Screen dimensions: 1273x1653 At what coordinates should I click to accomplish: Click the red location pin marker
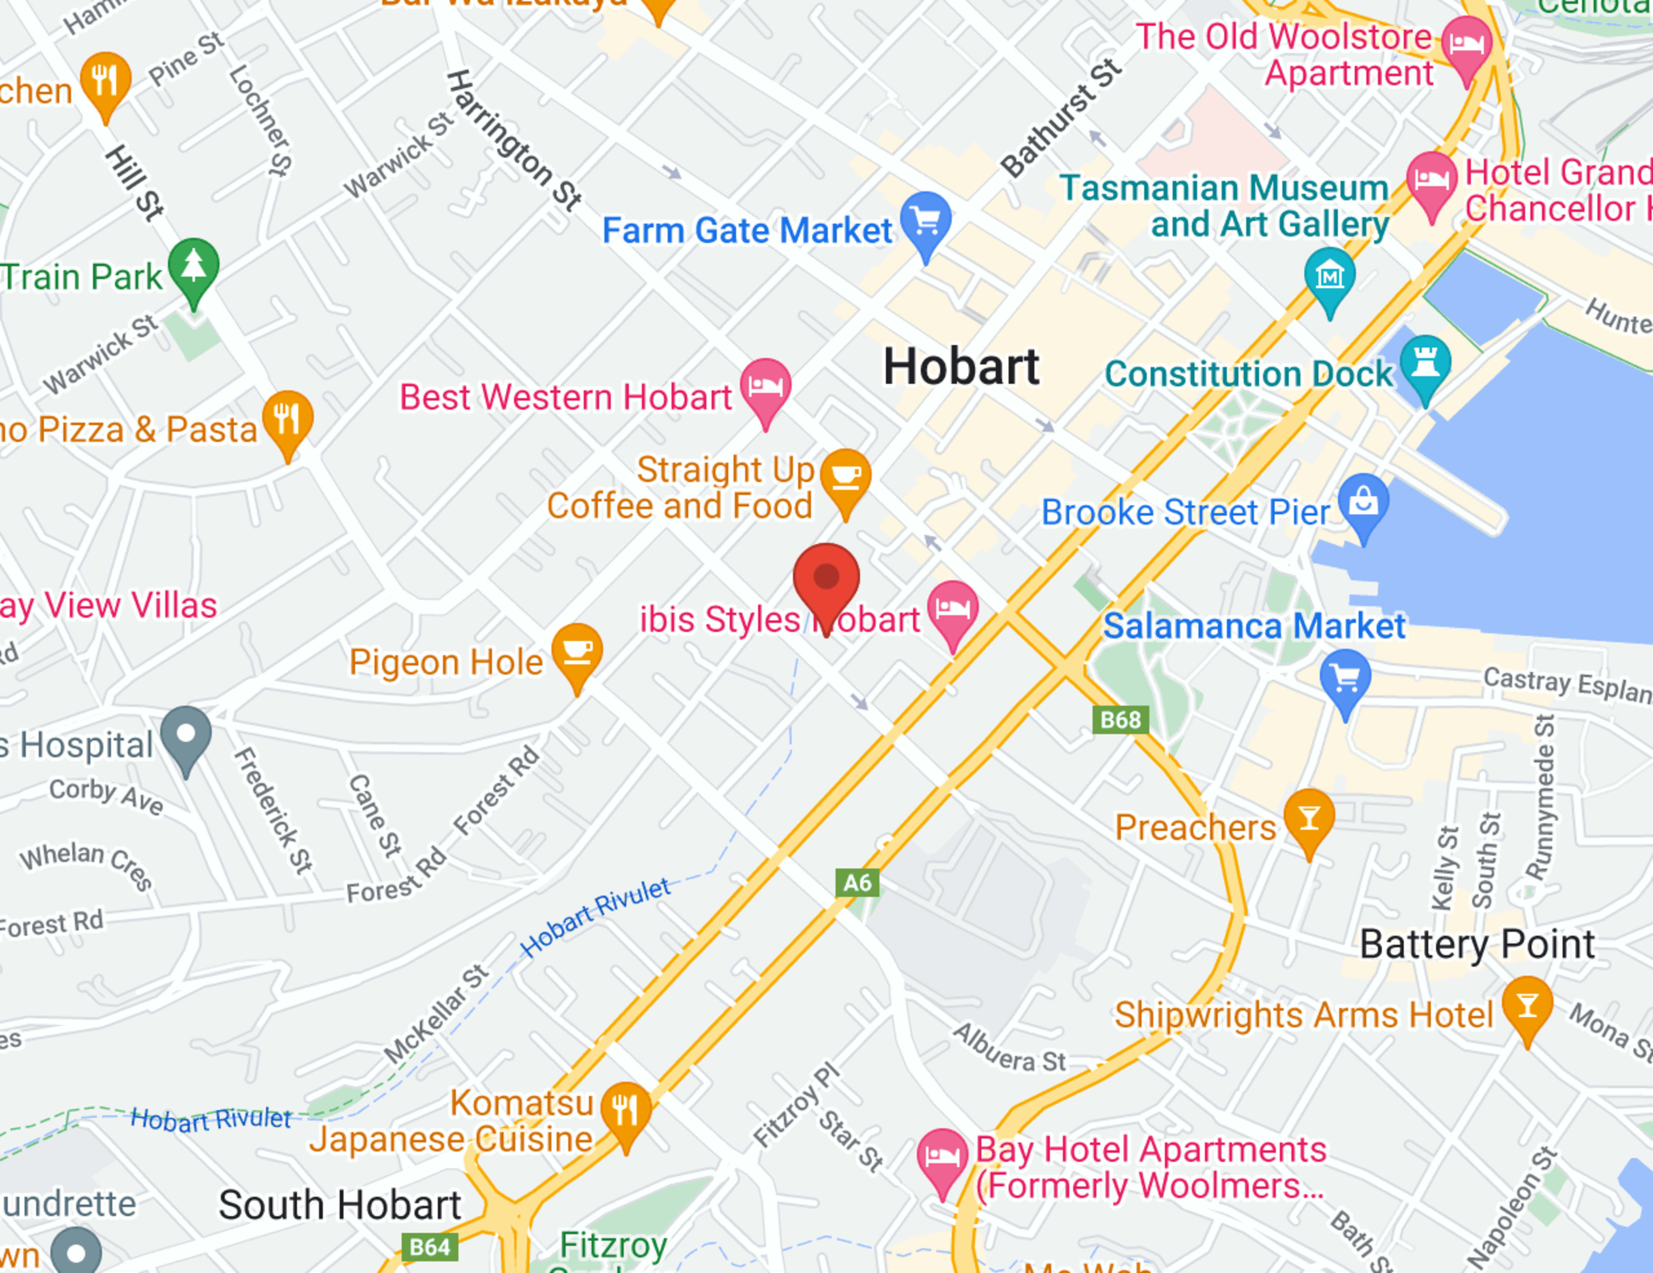pyautogui.click(x=826, y=579)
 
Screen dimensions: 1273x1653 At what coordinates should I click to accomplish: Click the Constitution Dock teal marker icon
pyautogui.click(x=1425, y=364)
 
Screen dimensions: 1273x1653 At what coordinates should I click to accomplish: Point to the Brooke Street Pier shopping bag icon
pyautogui.click(x=1363, y=502)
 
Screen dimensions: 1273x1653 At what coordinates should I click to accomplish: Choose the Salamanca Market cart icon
pyautogui.click(x=1345, y=678)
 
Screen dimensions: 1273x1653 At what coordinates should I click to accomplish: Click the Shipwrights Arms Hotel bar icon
pyautogui.click(x=1527, y=1005)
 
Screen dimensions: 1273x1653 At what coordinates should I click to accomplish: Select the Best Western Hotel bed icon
pyautogui.click(x=765, y=387)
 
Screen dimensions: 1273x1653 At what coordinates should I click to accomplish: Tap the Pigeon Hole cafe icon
pyautogui.click(x=577, y=652)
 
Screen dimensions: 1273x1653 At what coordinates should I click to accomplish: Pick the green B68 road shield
pyautogui.click(x=1120, y=719)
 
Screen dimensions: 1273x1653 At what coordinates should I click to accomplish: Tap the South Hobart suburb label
pyautogui.click(x=340, y=1205)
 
